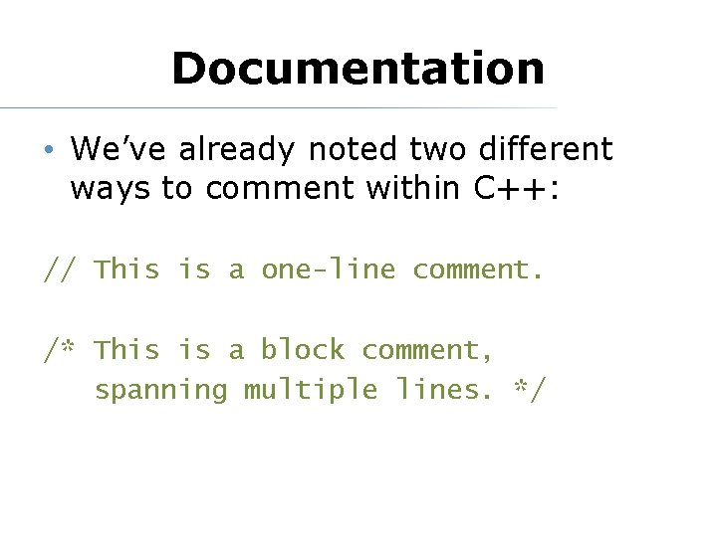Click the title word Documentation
click(358, 69)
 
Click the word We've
click(109, 149)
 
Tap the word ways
click(111, 189)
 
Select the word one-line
click(328, 269)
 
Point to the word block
click(303, 350)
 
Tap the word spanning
click(160, 390)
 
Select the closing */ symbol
click(529, 389)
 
